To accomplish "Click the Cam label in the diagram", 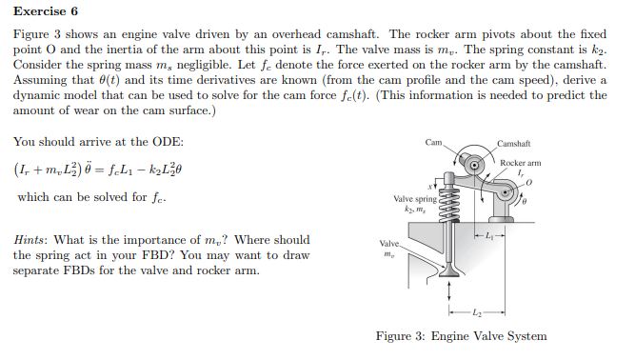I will click(x=435, y=143).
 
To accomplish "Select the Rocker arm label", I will click(x=520, y=163).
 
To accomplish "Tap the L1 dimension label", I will click(x=489, y=233).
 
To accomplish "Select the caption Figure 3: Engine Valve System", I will click(x=461, y=336).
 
